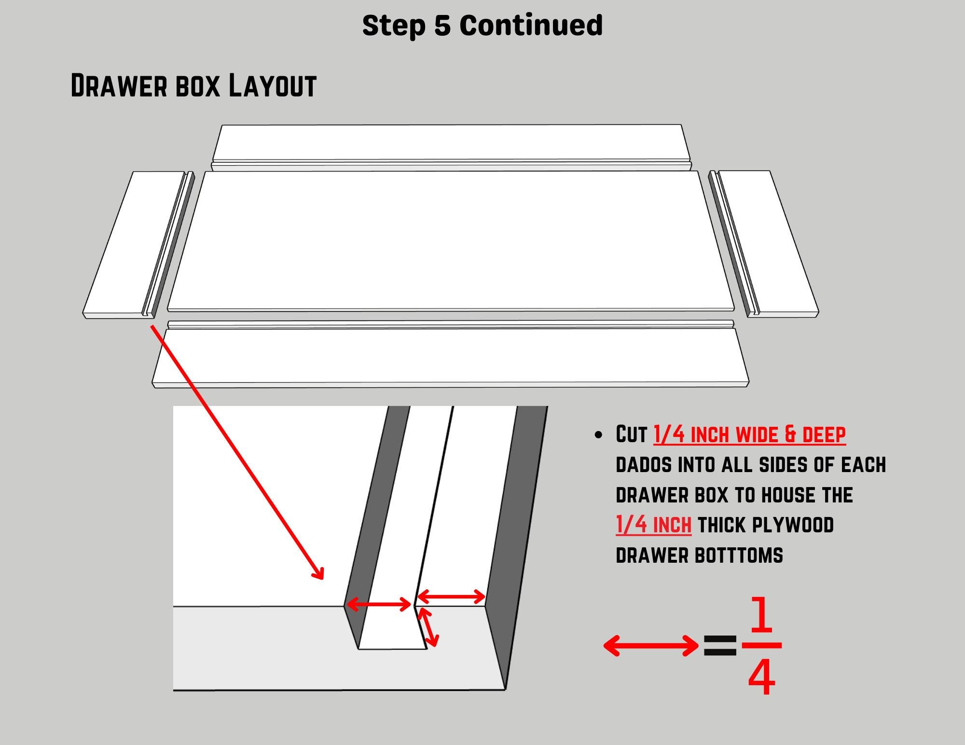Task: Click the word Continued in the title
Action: coord(531,25)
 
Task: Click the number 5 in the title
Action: coord(442,25)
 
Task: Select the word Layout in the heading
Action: coord(272,86)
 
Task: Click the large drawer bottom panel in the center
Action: coord(451,241)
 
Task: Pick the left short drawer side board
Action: coord(139,245)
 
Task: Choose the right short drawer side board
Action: coord(764,244)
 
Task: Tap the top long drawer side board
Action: coord(452,148)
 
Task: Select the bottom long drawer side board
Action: coord(451,354)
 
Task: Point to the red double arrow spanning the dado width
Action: coord(379,604)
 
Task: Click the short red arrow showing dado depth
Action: coord(428,627)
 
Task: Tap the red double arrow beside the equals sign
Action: coord(651,646)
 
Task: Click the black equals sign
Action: coord(720,646)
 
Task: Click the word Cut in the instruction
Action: coord(631,434)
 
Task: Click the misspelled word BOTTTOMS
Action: coord(739,555)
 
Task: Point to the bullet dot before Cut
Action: coord(599,435)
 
